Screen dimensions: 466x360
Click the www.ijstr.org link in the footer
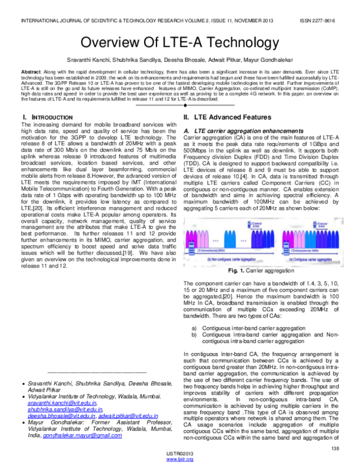click(x=179, y=459)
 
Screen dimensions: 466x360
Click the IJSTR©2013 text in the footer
click(x=179, y=453)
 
